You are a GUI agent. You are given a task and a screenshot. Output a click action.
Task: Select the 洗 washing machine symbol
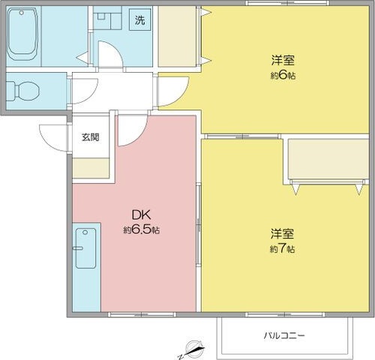click(x=140, y=21)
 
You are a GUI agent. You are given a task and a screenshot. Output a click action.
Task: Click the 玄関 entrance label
click(x=91, y=137)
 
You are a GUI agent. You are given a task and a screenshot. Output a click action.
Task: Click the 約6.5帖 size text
click(x=141, y=230)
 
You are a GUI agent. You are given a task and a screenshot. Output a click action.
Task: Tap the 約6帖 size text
click(x=283, y=76)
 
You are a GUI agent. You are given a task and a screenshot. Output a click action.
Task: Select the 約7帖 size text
click(x=283, y=248)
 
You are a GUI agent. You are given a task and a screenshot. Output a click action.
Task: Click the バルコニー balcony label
click(x=284, y=335)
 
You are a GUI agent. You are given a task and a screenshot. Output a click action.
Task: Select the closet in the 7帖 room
click(x=328, y=160)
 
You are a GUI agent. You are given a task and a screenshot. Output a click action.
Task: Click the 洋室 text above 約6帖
click(x=283, y=61)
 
